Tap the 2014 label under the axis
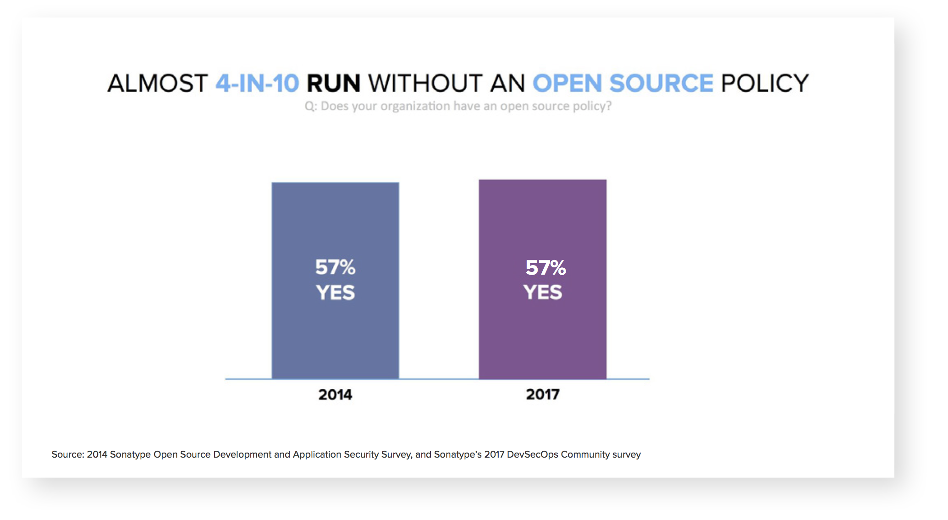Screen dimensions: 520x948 (335, 394)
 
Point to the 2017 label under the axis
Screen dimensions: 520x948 (542, 394)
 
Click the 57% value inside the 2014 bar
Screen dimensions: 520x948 (335, 267)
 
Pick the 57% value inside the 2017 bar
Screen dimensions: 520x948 (545, 268)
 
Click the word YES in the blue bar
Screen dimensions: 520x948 (335, 293)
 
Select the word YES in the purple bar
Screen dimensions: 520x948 (542, 292)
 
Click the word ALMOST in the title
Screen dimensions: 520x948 (158, 83)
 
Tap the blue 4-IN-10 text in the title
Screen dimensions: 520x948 (257, 83)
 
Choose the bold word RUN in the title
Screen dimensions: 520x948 (333, 83)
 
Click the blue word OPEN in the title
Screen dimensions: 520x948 (567, 83)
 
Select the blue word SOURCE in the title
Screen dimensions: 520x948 (661, 83)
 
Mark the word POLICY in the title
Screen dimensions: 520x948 (765, 83)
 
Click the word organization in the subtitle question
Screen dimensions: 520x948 (415, 106)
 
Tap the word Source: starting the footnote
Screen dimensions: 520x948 (68, 454)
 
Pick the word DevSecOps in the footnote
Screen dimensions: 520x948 (532, 454)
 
